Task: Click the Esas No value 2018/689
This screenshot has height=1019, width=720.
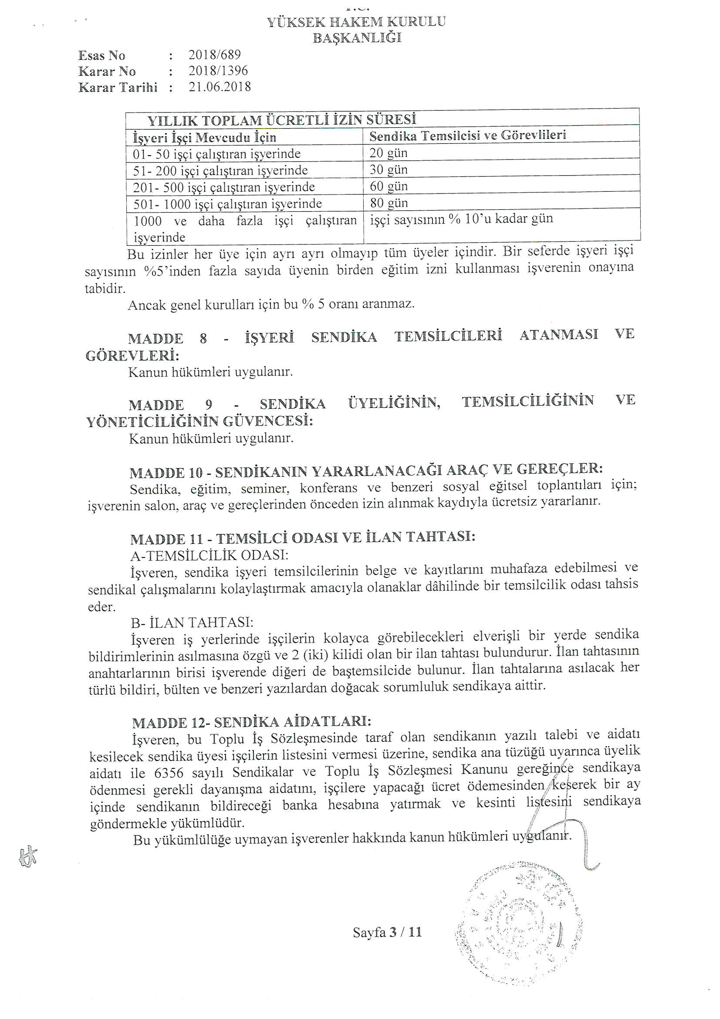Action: (215, 55)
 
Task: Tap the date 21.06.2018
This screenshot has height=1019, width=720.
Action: (220, 87)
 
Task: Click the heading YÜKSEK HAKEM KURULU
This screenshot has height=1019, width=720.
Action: (356, 22)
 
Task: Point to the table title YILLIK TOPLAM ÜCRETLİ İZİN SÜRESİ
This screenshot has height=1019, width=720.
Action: (281, 120)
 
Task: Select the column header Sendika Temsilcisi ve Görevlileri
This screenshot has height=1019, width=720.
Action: (467, 136)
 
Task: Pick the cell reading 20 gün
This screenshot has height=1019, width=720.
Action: (388, 153)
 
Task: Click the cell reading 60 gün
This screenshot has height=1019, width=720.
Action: (389, 187)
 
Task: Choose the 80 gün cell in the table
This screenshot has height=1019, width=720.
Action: (389, 203)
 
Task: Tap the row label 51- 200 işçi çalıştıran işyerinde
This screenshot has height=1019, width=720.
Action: (220, 171)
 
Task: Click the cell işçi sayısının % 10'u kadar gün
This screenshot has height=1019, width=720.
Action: (461, 219)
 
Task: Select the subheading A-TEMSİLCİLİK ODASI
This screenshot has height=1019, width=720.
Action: (209, 556)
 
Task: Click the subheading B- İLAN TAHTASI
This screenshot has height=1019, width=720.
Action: (192, 623)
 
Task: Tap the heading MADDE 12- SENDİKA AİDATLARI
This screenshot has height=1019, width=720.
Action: (251, 723)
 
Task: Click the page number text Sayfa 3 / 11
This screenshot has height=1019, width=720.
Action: (387, 932)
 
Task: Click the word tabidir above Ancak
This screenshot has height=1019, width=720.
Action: (105, 289)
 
